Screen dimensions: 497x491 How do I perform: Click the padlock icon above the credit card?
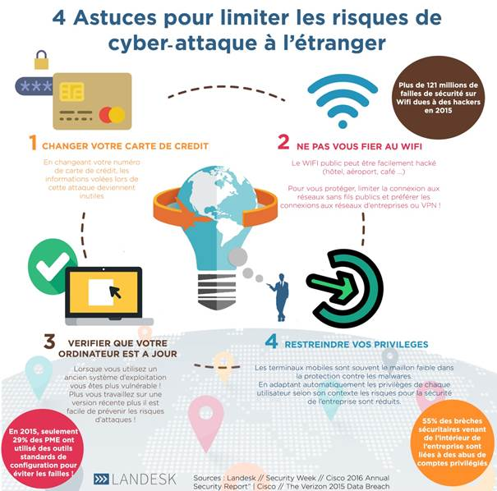click(42, 60)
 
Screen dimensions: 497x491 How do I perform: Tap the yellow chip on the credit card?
click(72, 92)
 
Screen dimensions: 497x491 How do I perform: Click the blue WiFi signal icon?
click(343, 101)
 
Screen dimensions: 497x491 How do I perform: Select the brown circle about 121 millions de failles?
click(439, 98)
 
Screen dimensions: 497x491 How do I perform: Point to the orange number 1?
click(33, 142)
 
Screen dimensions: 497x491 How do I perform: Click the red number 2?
click(283, 141)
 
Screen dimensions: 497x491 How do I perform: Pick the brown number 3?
click(49, 342)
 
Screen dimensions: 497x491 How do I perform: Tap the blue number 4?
click(272, 342)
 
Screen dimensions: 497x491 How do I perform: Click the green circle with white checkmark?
click(51, 266)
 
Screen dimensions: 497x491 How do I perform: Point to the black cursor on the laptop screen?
click(115, 291)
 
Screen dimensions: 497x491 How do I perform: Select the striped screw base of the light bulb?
click(217, 291)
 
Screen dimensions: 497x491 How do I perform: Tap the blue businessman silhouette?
click(279, 297)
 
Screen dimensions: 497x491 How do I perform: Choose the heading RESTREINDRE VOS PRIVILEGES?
click(357, 345)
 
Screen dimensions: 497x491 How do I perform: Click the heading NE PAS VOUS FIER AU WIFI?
click(359, 146)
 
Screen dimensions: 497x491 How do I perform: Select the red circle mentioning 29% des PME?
click(43, 451)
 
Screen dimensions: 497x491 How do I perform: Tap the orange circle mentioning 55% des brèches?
click(452, 443)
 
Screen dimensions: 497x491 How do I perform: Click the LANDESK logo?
click(135, 480)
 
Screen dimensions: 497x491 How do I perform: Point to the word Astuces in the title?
click(115, 17)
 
